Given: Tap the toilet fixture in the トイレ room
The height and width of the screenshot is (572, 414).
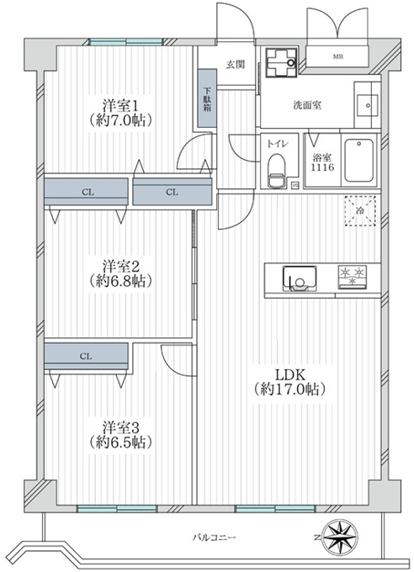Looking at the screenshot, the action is (276, 170).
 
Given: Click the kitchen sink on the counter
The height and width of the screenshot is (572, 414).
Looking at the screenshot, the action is (300, 278).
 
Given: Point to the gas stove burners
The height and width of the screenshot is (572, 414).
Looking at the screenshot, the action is (352, 276).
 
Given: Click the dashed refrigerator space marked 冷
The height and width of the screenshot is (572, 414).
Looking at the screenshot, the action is (360, 211).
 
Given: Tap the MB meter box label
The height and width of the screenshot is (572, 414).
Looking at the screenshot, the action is (338, 56).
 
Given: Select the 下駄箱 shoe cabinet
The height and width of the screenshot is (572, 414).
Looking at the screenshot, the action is (207, 98).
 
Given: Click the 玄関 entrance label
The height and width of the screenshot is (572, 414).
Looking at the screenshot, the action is (236, 65).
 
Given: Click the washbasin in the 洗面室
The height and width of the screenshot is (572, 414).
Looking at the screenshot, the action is (367, 105).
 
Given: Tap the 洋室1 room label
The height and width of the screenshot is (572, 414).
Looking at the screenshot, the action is (120, 106).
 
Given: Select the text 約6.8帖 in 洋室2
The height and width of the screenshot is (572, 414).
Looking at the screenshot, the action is (120, 280).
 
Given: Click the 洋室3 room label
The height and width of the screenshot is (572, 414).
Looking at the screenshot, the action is (120, 427).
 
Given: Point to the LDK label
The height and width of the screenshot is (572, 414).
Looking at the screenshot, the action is (289, 374).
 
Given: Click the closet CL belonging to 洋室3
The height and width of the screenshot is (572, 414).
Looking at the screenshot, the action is (86, 357).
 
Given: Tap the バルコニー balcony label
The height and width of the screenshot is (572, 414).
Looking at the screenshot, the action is (215, 538).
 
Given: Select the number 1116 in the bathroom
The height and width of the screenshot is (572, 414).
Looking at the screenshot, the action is (322, 167).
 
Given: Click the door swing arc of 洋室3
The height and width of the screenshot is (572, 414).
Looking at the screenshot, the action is (170, 365).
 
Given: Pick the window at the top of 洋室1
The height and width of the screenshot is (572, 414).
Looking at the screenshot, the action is (126, 42).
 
